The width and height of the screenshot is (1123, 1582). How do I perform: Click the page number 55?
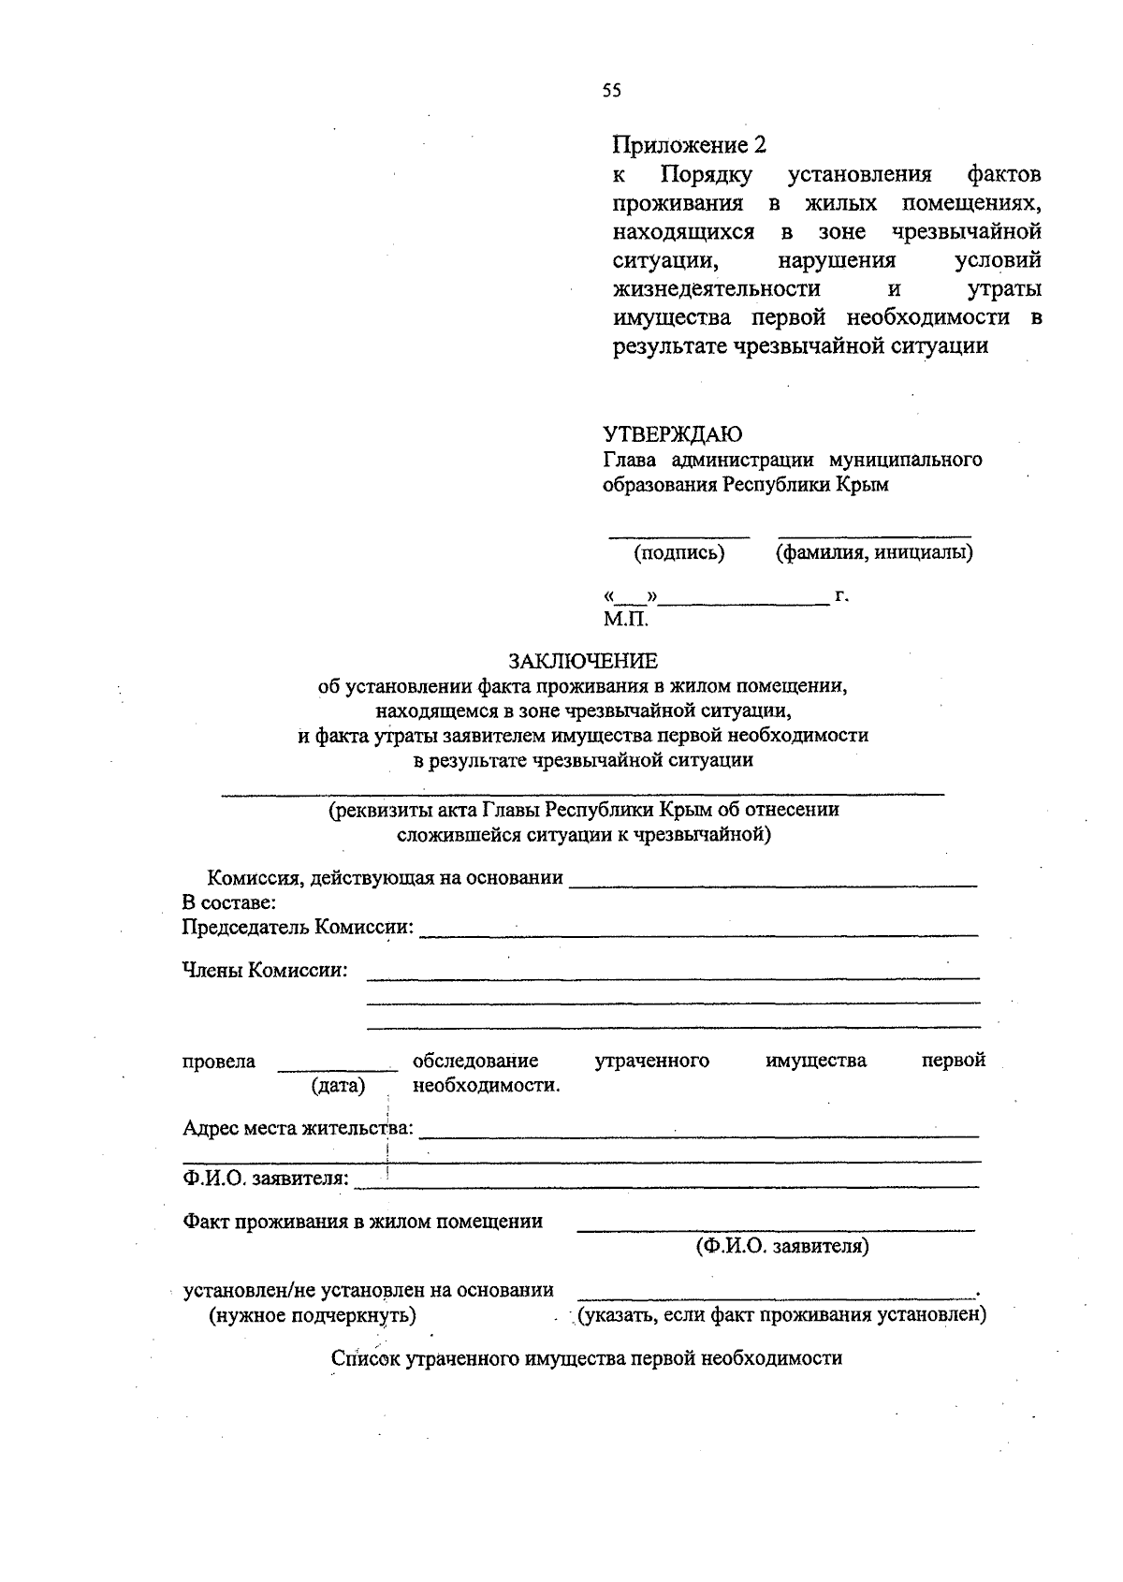tap(611, 91)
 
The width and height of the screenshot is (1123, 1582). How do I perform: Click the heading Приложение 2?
tap(689, 145)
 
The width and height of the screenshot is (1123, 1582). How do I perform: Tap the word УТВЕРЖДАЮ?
tap(672, 434)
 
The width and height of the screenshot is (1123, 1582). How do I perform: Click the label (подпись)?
tap(679, 552)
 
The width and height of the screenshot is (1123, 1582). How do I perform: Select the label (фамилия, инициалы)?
tap(874, 552)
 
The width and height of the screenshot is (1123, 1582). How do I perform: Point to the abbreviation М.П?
tap(625, 619)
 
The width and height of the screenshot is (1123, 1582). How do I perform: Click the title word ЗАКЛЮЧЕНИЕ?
tap(583, 662)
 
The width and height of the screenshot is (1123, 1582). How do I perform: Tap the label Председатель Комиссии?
tap(298, 927)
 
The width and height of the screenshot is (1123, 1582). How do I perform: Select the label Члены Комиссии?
tap(265, 970)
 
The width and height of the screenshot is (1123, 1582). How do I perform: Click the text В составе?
tap(228, 902)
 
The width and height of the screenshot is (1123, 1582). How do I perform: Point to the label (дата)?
tap(338, 1086)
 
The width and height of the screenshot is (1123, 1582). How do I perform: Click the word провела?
tap(219, 1062)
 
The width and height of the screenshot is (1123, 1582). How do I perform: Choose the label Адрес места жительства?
tap(298, 1127)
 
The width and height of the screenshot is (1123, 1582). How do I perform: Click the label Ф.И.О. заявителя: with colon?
tap(266, 1179)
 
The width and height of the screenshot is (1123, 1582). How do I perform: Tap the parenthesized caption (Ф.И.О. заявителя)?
tap(781, 1247)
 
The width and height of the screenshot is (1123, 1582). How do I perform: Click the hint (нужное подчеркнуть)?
tap(312, 1315)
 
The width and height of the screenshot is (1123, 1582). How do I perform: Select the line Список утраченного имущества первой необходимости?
tap(587, 1358)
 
